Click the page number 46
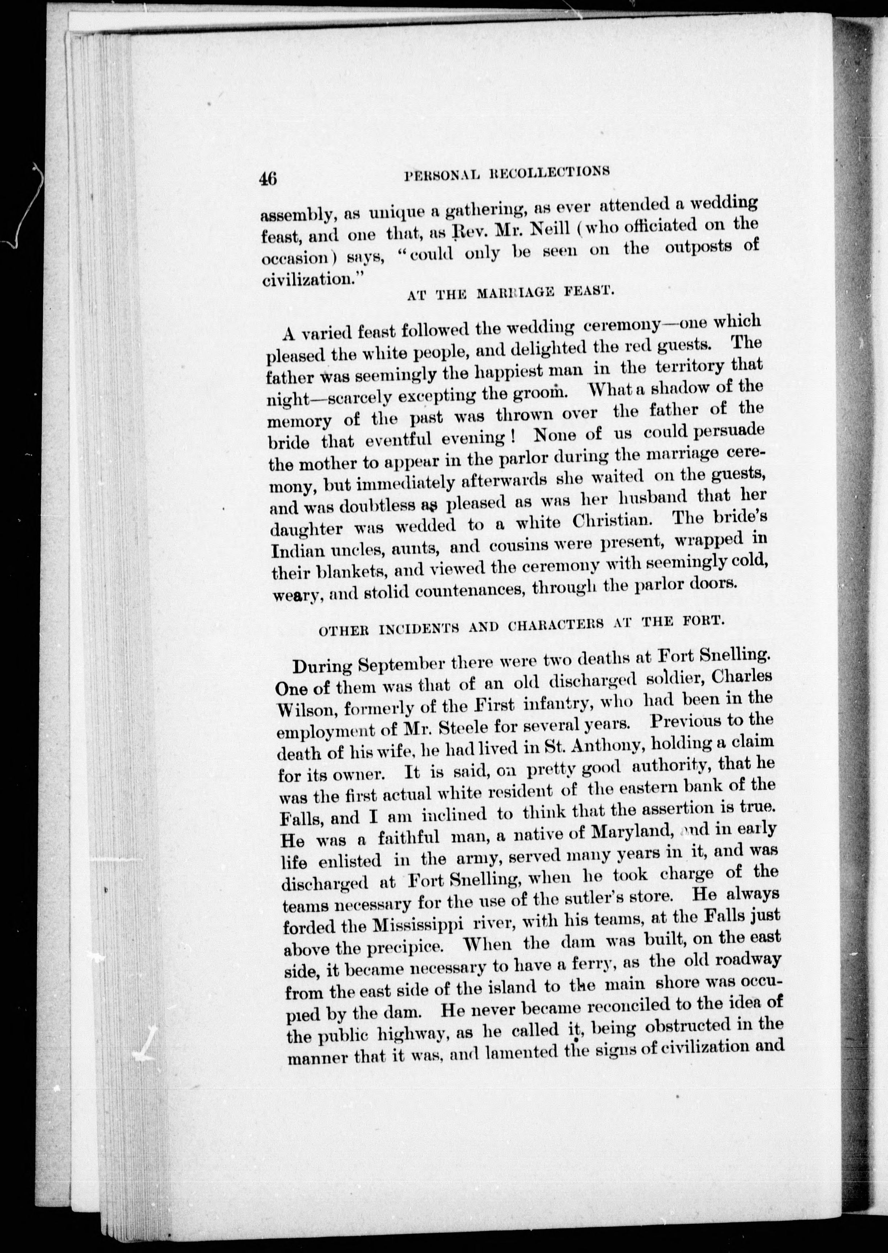(x=269, y=179)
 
